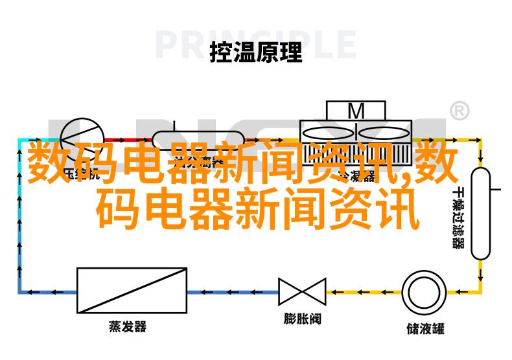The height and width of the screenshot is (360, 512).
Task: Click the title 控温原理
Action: [256, 52]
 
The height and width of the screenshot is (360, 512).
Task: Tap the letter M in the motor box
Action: [356, 111]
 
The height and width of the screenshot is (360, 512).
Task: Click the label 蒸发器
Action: [127, 327]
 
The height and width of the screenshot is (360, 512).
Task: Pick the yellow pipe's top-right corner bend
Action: [480, 139]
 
